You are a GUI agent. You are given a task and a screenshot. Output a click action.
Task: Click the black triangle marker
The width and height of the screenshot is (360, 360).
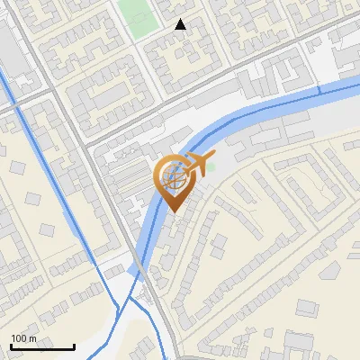[x=181, y=24]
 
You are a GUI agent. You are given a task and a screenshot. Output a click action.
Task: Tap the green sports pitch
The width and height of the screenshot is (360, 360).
[x=138, y=18]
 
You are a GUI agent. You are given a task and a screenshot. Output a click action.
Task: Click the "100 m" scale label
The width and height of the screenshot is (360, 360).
[x=24, y=338]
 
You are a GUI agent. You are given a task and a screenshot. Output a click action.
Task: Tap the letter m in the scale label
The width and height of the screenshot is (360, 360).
[x=33, y=338]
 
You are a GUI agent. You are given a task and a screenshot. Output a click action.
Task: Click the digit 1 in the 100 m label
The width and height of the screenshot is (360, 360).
[x=13, y=338]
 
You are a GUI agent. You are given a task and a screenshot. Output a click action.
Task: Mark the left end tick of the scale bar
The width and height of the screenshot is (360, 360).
[x=10, y=346]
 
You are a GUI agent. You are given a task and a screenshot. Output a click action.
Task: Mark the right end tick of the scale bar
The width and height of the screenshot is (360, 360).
[x=74, y=346]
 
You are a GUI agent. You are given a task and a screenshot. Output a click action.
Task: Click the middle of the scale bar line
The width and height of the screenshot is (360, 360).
[x=42, y=347]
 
